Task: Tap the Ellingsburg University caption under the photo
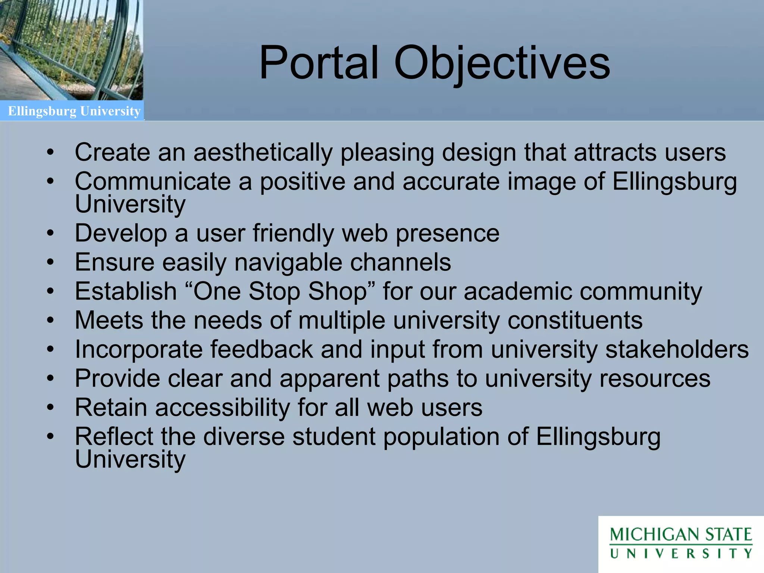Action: [74, 111]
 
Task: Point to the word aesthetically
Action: [263, 153]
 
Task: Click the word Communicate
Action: [153, 182]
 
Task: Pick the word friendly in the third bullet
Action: [293, 234]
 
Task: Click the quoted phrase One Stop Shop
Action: [280, 291]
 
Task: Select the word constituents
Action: [575, 320]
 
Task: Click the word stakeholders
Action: [677, 350]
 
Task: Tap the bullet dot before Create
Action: [51, 153]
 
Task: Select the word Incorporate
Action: [138, 350]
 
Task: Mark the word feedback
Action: [262, 350]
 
